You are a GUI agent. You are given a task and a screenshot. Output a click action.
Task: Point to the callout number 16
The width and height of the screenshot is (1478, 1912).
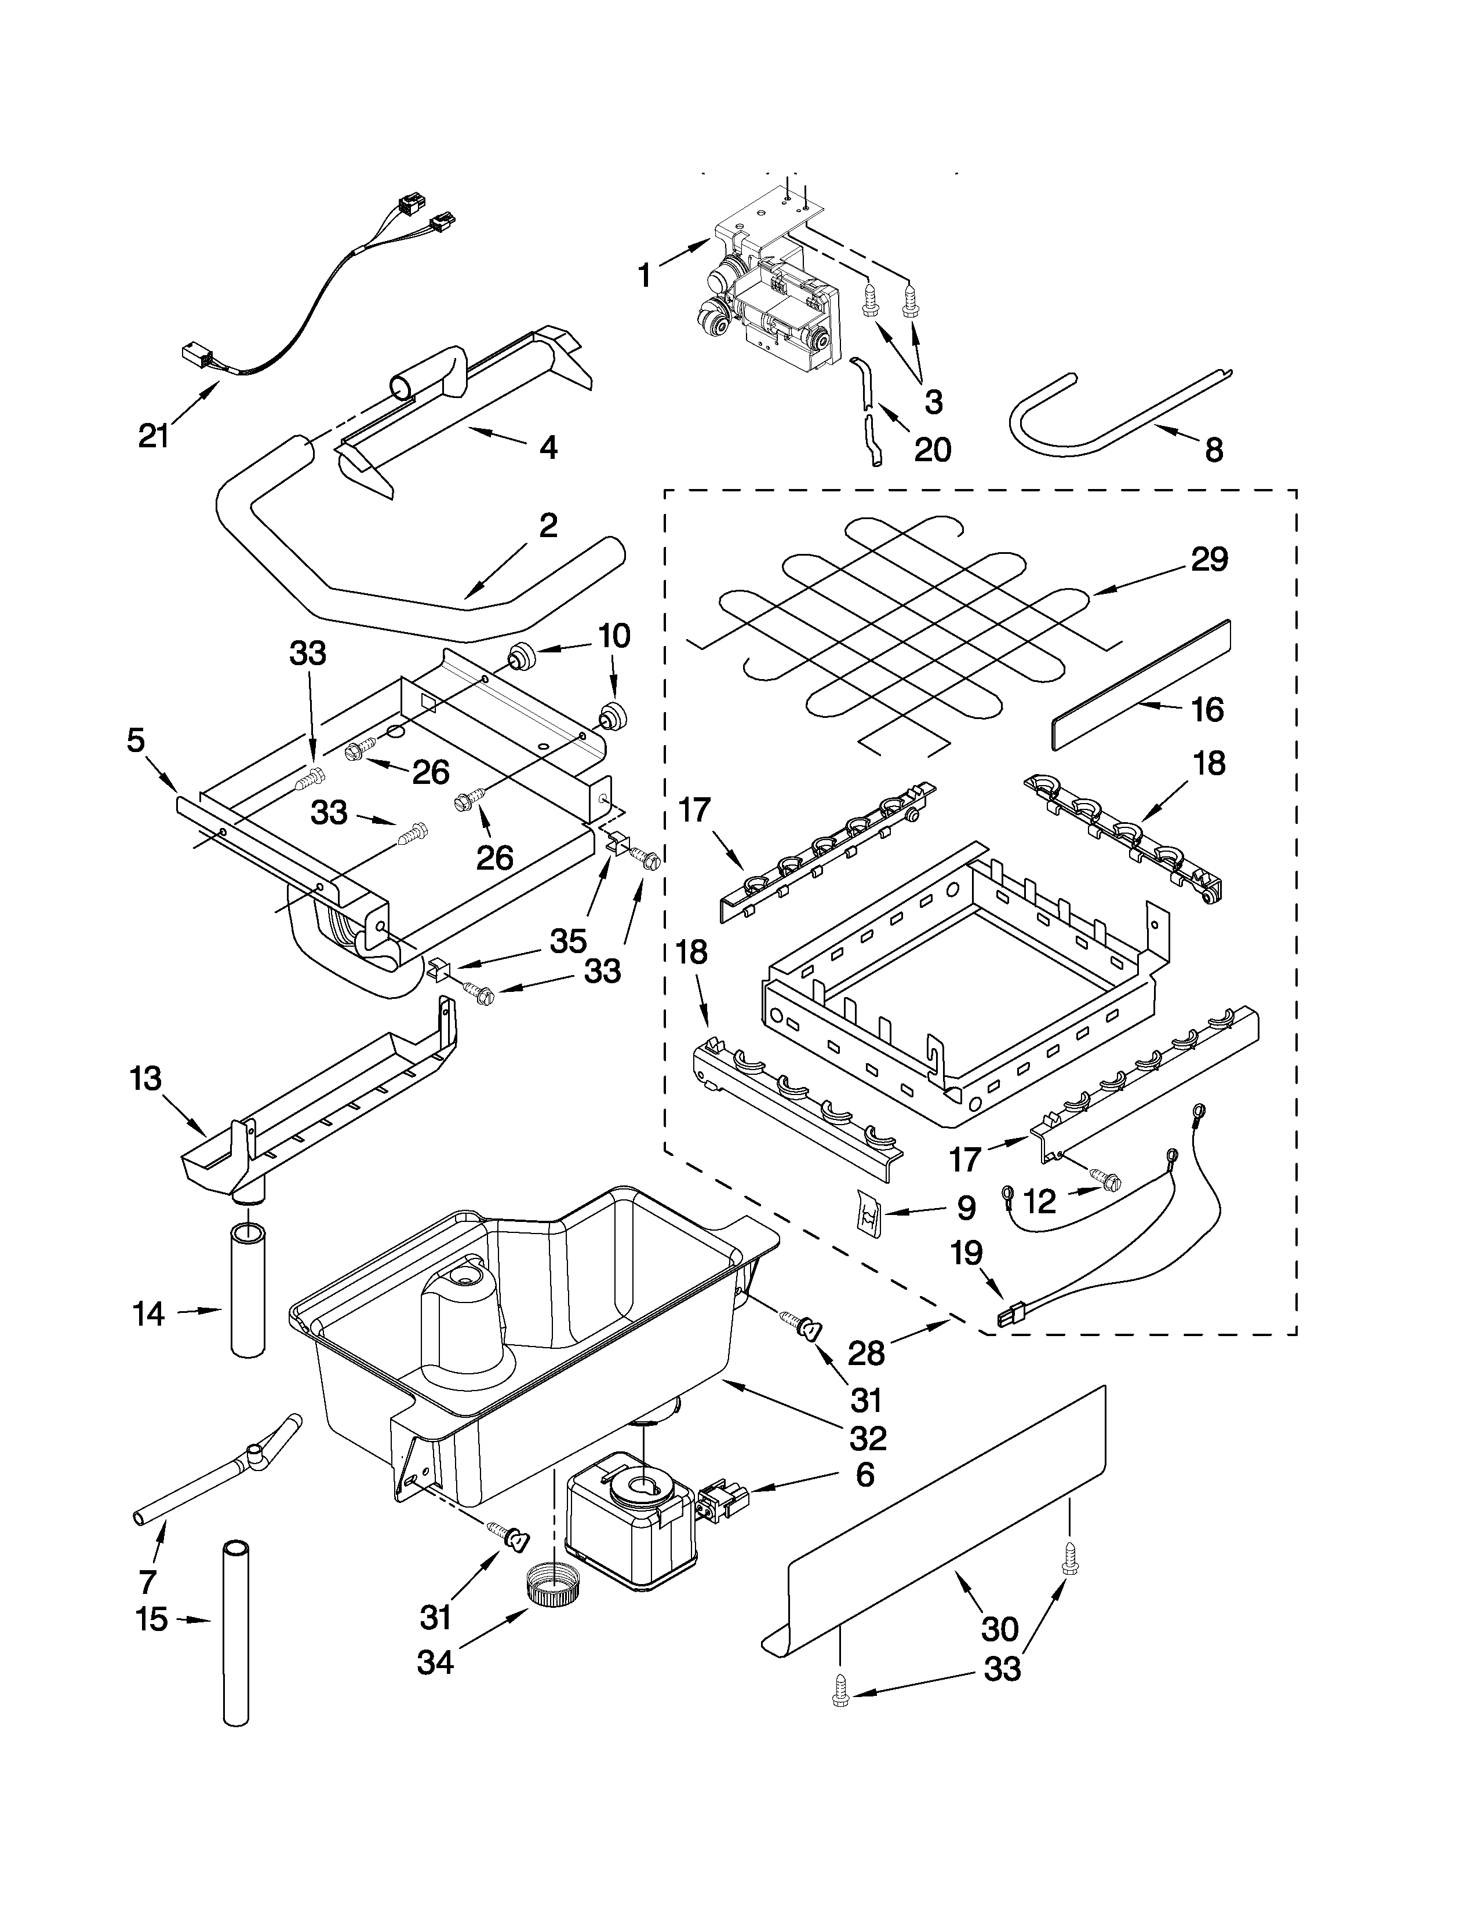pyautogui.click(x=1207, y=709)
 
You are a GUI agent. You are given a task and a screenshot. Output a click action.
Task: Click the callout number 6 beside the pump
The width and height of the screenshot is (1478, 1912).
pyautogui.click(x=864, y=1475)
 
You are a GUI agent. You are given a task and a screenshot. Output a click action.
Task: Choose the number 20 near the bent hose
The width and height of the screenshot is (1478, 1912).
pyautogui.click(x=931, y=449)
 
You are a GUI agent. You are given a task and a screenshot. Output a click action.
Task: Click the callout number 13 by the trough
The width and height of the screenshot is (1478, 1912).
pyautogui.click(x=145, y=1079)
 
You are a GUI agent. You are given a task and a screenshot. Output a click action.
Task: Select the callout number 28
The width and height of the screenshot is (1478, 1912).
pyautogui.click(x=866, y=1353)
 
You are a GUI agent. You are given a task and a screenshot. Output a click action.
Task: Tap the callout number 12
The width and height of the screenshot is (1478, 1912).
pyautogui.click(x=1039, y=1202)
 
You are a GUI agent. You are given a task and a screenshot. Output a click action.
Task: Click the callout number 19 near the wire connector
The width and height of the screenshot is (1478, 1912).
pyautogui.click(x=967, y=1254)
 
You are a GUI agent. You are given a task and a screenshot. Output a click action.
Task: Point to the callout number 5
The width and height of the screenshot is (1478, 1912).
pyautogui.click(x=136, y=740)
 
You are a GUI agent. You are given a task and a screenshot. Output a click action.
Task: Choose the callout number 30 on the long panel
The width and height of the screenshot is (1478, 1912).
pyautogui.click(x=999, y=1629)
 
